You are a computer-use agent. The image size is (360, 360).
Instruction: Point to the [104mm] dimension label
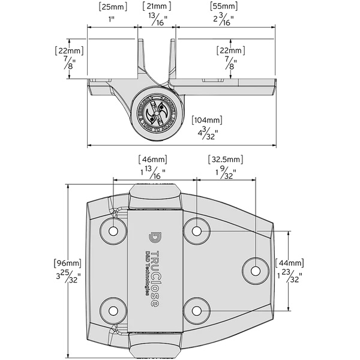206,119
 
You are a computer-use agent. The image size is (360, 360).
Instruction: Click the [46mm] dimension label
152,160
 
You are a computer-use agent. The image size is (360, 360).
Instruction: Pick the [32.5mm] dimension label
226,160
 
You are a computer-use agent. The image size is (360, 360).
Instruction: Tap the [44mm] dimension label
289,263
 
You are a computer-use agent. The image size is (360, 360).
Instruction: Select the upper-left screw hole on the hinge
113,230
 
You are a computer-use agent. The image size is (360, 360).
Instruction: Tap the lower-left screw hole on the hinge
113,309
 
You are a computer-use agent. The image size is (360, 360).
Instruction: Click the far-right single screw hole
256,270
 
